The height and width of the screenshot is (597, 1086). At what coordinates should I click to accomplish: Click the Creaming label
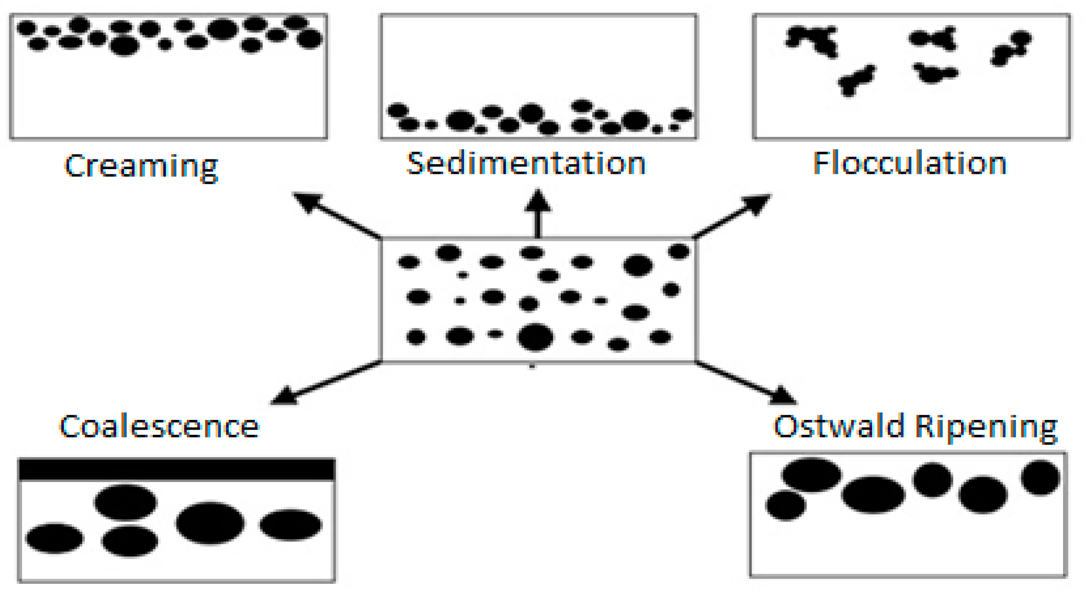(x=141, y=166)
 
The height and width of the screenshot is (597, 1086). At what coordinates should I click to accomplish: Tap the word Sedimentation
(x=526, y=163)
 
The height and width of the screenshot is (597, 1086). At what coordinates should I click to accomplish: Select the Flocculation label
(x=909, y=163)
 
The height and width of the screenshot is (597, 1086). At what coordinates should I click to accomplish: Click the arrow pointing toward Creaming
(x=336, y=215)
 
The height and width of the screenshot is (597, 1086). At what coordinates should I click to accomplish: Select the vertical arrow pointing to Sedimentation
(x=537, y=214)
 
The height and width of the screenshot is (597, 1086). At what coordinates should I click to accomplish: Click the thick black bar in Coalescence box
(x=177, y=469)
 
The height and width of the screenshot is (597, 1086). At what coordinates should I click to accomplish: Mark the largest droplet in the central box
(x=535, y=337)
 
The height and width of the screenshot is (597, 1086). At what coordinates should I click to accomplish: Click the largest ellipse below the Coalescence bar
(x=210, y=523)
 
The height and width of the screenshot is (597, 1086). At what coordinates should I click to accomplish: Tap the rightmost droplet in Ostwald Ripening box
(x=1040, y=478)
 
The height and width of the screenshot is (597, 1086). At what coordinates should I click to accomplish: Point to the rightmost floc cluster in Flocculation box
(x=1011, y=48)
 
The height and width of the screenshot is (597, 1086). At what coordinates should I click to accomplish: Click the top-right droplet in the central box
(x=679, y=252)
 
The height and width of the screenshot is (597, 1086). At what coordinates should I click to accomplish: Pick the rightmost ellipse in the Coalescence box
(x=290, y=525)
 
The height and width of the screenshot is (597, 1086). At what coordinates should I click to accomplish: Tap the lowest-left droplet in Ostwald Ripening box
(x=785, y=505)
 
